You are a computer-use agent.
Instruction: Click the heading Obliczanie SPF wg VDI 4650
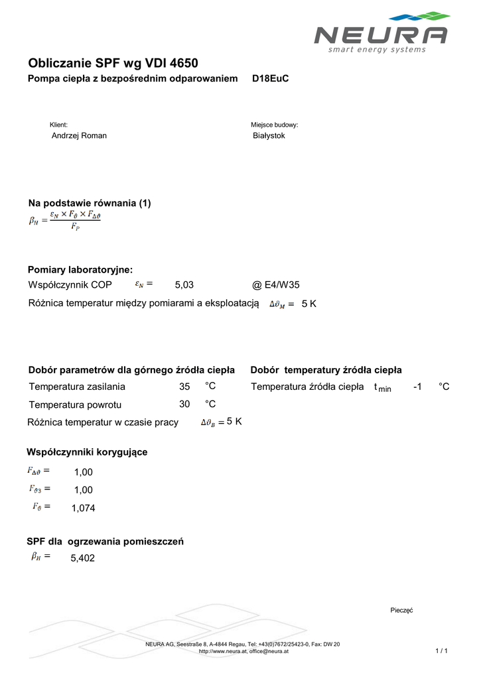113,64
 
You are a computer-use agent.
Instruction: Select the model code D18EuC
271,79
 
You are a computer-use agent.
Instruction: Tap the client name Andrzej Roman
79,136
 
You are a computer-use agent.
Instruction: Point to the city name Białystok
269,136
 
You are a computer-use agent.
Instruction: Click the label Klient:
59,125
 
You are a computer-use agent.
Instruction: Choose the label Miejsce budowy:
274,125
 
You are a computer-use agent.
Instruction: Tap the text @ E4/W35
276,285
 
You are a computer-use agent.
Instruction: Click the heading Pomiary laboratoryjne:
80,269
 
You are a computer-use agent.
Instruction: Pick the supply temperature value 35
184,387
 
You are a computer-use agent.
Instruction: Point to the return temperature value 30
184,404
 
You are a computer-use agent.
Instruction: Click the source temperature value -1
417,387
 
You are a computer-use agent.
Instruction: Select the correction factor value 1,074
84,509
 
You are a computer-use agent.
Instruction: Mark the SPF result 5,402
83,558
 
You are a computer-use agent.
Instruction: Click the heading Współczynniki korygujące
87,452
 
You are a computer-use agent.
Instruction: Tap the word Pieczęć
401,610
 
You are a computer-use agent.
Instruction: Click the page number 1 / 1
442,651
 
